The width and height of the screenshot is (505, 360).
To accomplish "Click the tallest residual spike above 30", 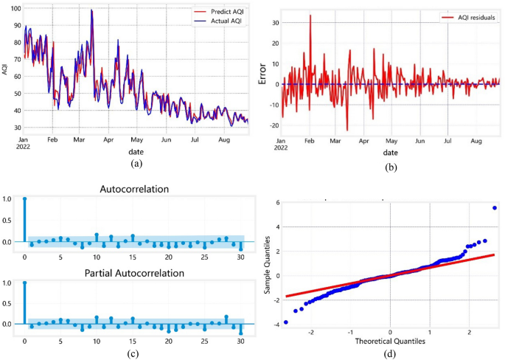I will pos(310,15).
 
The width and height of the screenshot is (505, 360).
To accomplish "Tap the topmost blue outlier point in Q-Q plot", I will pos(494,208).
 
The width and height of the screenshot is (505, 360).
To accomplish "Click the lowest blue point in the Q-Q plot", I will pos(285,322).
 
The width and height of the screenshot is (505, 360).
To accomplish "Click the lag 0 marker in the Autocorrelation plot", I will pos(24,199).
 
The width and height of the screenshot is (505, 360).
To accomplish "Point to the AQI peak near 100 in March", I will pos(91,10).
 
